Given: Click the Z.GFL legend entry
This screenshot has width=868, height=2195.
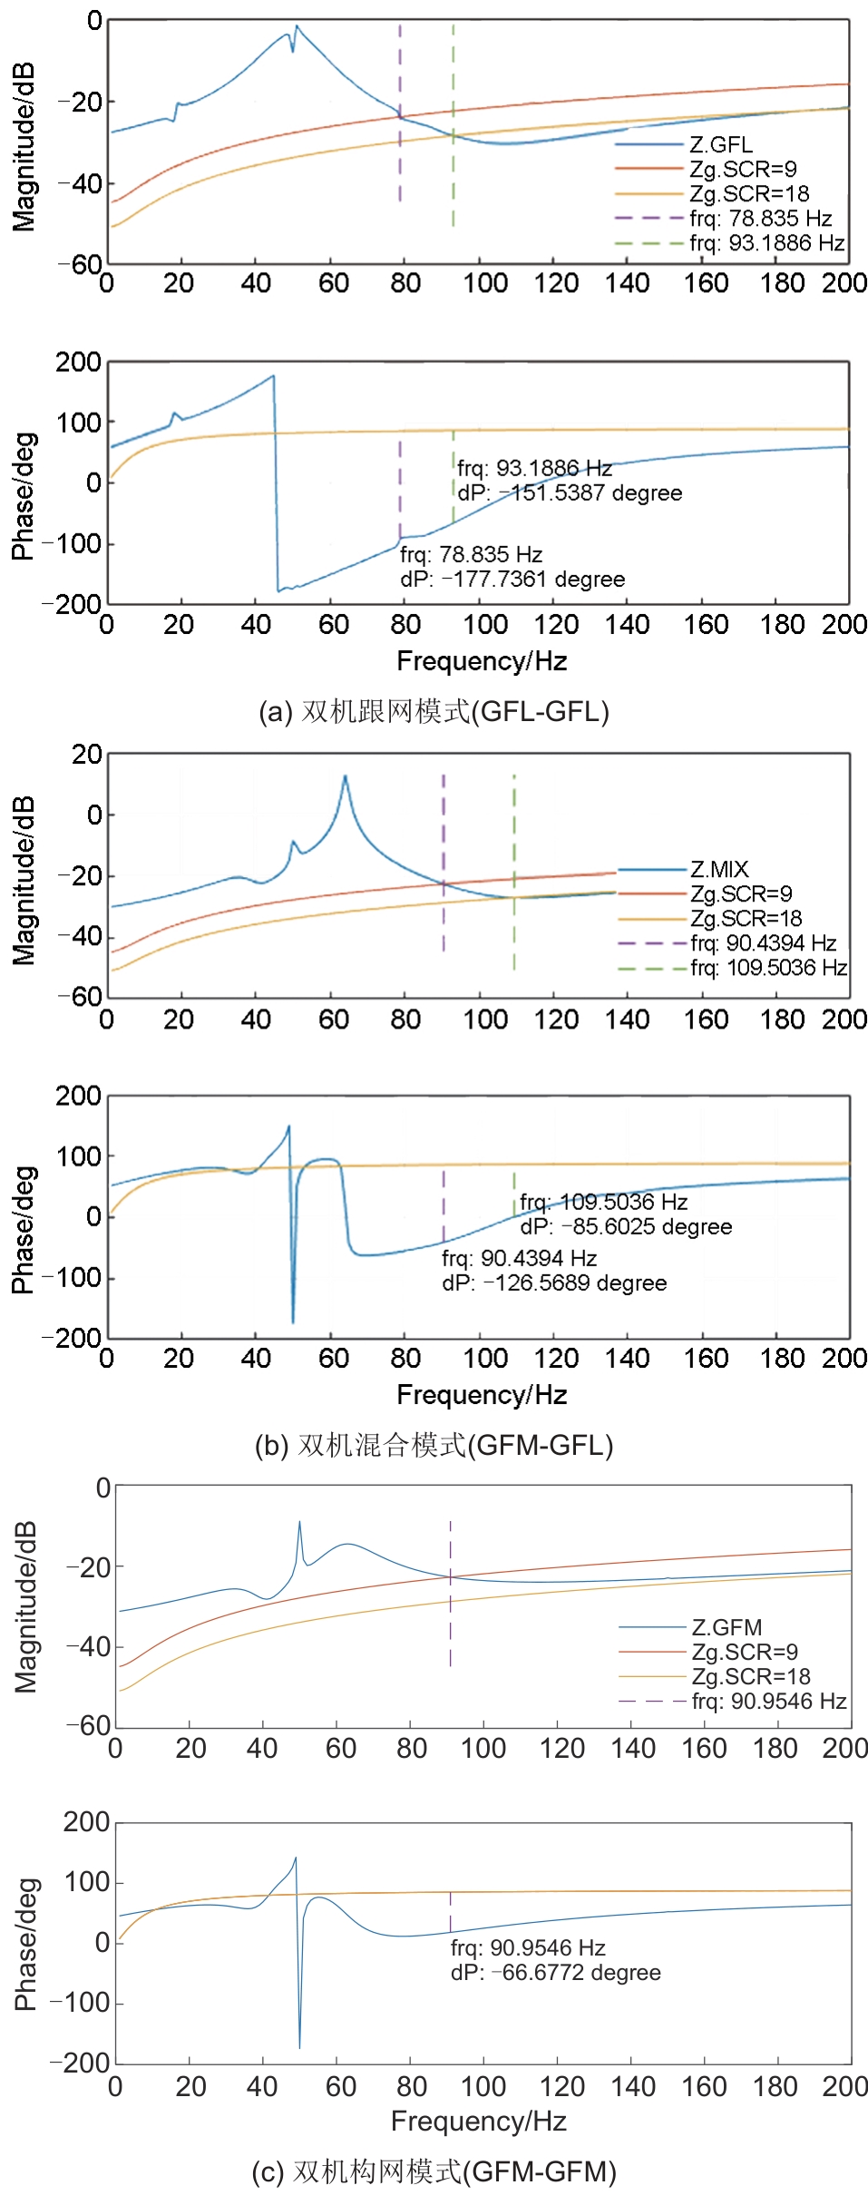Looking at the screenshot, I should pos(720,144).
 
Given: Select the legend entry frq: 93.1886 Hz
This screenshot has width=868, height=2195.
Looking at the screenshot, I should pos(766,243).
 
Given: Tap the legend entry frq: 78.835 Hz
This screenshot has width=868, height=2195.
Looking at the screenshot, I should pos(760,219).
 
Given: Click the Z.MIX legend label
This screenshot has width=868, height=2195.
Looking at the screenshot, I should pos(719,869).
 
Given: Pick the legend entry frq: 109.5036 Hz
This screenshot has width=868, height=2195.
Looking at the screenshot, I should pos(768,968).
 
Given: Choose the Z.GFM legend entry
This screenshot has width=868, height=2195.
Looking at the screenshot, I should pos(727,1627).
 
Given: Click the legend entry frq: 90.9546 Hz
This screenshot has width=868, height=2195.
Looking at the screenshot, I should pos(768,1701).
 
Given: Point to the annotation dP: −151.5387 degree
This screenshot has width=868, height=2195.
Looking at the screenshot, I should pos(570,493).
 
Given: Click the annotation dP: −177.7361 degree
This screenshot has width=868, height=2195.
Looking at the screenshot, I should pos(512,580).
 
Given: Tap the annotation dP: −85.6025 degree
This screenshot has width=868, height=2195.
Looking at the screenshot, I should pos(626,1227).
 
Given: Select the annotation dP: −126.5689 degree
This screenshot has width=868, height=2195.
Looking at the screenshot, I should pos(554,1283).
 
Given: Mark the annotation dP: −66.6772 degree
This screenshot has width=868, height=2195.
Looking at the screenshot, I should pos(555,1972).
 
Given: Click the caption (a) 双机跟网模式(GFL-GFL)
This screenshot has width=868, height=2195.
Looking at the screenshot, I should pos(434,711).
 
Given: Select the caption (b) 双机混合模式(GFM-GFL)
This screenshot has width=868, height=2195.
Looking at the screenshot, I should pos(434,1444).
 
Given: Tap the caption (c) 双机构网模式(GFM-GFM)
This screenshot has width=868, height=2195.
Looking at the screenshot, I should pos(434,2171).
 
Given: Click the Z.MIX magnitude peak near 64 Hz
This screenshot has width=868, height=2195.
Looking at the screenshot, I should pos(345,776).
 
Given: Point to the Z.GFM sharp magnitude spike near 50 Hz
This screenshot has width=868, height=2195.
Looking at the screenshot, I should pos(299,1523).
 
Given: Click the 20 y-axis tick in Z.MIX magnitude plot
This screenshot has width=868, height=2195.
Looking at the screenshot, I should pos(88,755).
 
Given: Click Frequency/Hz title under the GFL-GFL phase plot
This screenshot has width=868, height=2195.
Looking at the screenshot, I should pos(482,661).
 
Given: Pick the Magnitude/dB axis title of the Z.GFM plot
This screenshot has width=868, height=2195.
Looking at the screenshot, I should pos(26,1605).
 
